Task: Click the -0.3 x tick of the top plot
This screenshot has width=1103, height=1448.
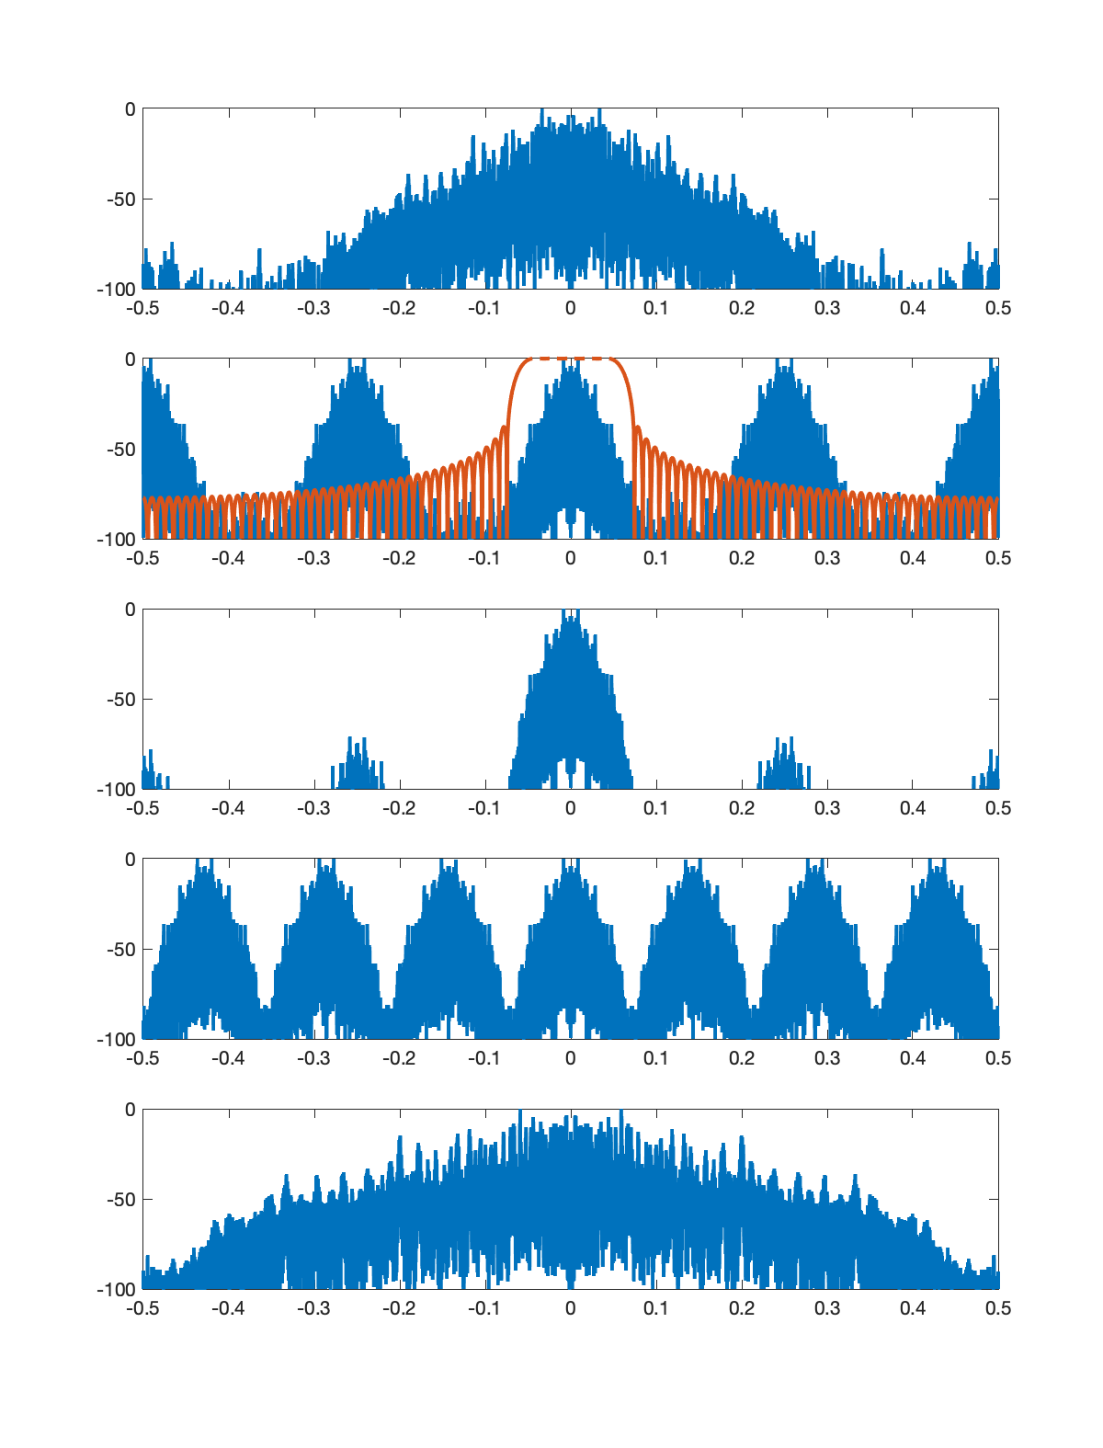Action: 313,308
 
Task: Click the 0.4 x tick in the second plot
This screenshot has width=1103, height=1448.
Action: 913,558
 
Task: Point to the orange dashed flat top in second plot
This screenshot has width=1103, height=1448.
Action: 570,359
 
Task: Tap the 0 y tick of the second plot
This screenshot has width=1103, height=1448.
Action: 130,359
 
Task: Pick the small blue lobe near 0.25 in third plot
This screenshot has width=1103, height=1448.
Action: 783,763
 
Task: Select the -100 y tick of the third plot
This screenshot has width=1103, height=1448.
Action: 116,790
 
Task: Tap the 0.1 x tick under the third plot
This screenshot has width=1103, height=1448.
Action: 655,808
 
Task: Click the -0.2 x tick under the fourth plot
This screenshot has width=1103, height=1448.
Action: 399,1058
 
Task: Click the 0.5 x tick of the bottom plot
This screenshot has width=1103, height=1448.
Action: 998,1308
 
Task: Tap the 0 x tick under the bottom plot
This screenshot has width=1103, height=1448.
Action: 570,1308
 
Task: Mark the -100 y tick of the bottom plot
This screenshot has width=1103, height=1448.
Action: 116,1290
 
